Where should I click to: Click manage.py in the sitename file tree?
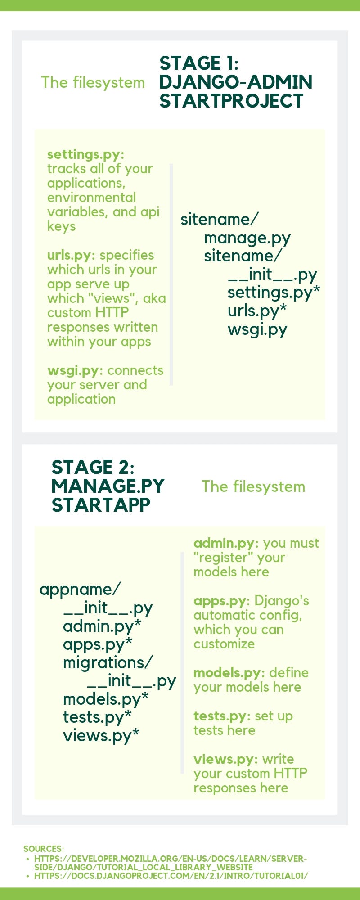(247, 238)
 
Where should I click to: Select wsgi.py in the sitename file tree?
(257, 329)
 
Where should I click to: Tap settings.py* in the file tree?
(273, 292)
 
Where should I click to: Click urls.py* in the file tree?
(257, 311)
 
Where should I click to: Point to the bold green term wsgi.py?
(75, 370)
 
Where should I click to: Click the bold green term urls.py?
(71, 255)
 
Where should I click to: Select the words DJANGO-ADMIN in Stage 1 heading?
(235, 82)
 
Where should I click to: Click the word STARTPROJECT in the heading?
(231, 101)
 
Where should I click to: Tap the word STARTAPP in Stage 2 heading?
(101, 505)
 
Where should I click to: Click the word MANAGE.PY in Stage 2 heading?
(108, 486)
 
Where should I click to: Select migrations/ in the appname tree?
(108, 662)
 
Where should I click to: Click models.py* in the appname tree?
(106, 699)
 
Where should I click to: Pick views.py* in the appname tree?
(101, 735)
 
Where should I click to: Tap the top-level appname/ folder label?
(80, 589)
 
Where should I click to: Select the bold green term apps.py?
(220, 601)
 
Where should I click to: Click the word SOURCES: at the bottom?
(44, 849)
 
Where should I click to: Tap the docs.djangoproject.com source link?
(171, 876)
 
